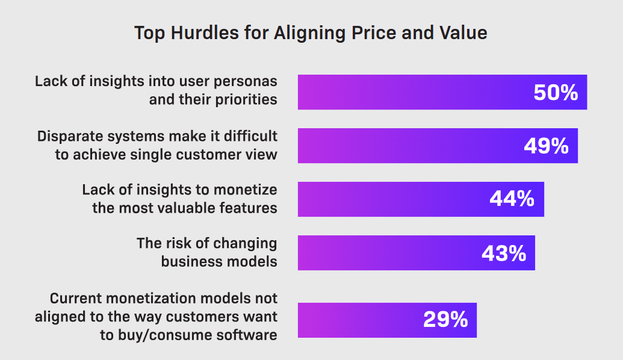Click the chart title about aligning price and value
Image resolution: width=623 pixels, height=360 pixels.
(x=311, y=33)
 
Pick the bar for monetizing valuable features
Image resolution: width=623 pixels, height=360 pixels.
(x=391, y=199)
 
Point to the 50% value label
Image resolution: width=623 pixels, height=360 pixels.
(x=556, y=93)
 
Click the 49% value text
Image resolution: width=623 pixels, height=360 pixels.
(x=546, y=146)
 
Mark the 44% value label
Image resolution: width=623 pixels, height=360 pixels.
(x=512, y=199)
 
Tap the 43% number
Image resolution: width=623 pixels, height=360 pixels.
(x=504, y=253)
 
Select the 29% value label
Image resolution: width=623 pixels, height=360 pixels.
(x=445, y=320)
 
